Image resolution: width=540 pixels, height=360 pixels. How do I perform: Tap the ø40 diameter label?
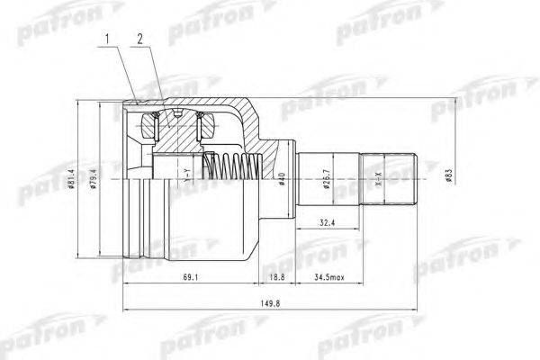point(282,179)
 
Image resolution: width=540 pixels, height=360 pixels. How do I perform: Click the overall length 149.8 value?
point(267,304)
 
